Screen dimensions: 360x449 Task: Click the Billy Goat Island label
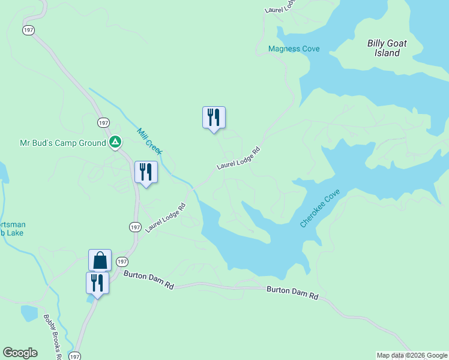384,48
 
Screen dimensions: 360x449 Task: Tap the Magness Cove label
294,49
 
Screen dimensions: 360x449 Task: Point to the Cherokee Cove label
320,208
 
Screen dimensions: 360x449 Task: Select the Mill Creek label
149,141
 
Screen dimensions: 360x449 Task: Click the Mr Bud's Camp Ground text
62,143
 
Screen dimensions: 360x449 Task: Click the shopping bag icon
100,260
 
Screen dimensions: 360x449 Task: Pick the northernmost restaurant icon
214,117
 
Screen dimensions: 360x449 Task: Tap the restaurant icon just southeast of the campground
146,172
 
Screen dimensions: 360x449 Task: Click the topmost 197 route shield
28,30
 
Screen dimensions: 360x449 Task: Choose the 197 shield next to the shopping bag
122,262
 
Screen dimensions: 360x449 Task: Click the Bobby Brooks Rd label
53,336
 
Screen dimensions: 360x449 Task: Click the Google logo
20,353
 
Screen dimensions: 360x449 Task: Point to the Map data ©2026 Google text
412,356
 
